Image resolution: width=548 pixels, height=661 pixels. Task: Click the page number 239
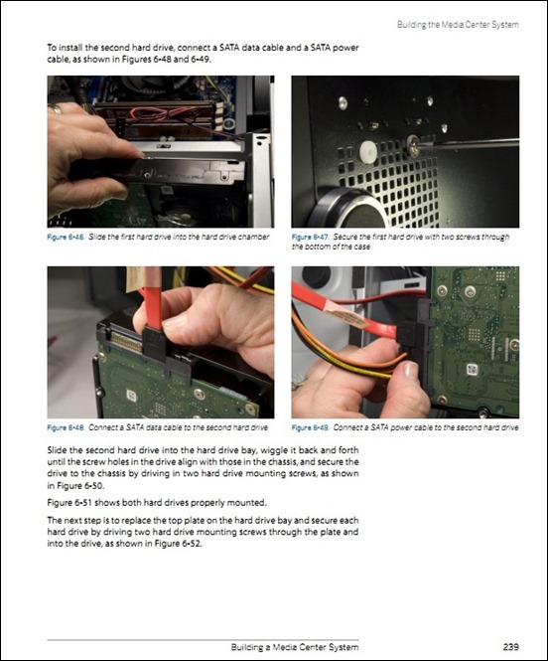tap(510, 646)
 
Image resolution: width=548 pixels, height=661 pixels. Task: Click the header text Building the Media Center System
tap(458, 25)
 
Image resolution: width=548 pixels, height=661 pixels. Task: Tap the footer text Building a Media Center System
tap(295, 647)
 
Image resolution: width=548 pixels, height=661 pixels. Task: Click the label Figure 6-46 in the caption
tap(66, 237)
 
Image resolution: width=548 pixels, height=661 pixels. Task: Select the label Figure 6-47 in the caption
tap(310, 237)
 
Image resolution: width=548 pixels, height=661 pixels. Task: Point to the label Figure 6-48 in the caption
tap(66, 427)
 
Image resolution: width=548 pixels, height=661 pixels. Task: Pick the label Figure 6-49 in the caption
tap(310, 427)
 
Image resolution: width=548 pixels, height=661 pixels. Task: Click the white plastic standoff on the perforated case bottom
tap(368, 150)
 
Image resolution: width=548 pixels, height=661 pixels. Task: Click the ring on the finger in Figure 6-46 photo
tap(56, 109)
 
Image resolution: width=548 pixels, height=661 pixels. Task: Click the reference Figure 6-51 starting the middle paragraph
tap(69, 503)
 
